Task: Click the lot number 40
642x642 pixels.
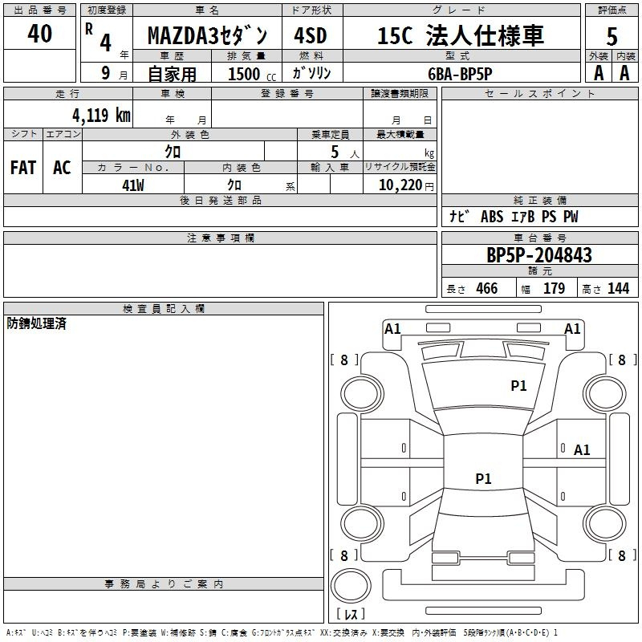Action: point(39,33)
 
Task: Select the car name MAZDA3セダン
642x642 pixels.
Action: point(207,35)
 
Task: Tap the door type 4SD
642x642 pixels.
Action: point(311,35)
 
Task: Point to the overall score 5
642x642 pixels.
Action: point(612,36)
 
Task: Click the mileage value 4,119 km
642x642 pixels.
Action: point(101,115)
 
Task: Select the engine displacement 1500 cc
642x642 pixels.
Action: point(252,74)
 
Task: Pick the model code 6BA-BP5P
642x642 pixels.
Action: point(460,74)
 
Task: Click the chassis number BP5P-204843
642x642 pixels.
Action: point(539,254)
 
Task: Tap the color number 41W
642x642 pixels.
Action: point(133,185)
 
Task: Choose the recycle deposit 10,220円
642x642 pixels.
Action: point(406,185)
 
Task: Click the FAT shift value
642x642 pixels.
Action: point(23,168)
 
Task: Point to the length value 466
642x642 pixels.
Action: point(487,288)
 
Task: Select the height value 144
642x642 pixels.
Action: point(618,288)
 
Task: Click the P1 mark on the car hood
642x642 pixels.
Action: point(518,385)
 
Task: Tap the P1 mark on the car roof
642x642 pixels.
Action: point(483,478)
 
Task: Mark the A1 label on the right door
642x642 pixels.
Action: point(582,450)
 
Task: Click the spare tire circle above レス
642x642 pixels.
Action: point(351,586)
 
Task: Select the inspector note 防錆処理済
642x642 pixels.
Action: point(36,323)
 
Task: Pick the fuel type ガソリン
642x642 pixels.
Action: point(311,73)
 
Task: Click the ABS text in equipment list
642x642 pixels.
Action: point(492,217)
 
